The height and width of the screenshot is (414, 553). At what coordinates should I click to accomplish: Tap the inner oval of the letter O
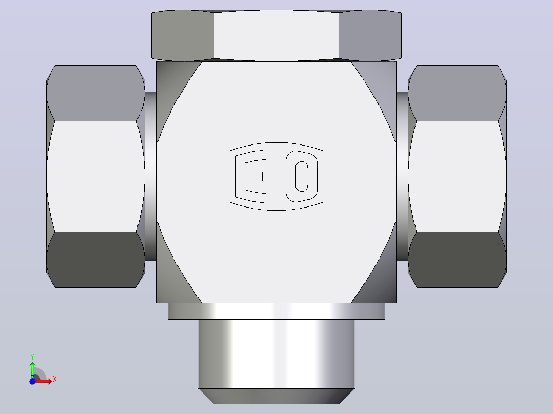point(302,176)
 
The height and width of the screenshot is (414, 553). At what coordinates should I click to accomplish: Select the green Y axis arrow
point(32,370)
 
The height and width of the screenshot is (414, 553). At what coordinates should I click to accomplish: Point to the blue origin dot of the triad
point(32,381)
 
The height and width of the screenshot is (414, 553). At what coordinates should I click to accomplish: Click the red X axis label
point(55,379)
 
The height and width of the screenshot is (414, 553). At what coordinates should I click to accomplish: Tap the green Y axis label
point(32,356)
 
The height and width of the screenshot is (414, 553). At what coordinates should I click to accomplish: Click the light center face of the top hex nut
point(276,35)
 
